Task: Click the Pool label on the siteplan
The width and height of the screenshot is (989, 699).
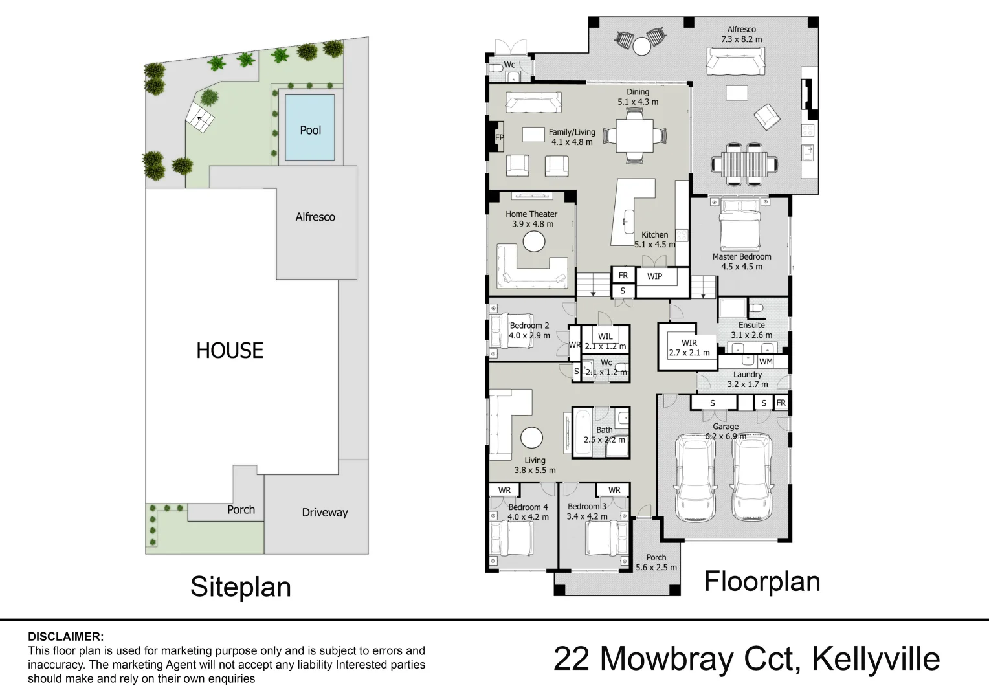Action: (x=310, y=130)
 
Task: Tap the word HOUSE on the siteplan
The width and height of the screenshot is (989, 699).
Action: (x=230, y=351)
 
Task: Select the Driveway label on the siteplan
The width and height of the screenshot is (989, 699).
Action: (x=324, y=513)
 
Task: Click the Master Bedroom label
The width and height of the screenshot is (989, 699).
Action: (x=742, y=256)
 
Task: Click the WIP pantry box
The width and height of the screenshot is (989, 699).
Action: (x=654, y=276)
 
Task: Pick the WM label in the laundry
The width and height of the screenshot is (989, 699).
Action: (x=766, y=362)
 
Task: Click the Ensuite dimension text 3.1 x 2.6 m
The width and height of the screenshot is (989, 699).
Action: (x=751, y=335)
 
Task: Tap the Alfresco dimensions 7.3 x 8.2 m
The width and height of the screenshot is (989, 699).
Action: (x=742, y=39)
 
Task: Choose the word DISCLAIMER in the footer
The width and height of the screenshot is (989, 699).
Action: (x=65, y=637)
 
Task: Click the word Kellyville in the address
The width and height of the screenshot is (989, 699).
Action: (x=875, y=659)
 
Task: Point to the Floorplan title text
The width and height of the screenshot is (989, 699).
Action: (x=762, y=581)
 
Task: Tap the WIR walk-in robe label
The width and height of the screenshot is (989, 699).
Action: (x=689, y=343)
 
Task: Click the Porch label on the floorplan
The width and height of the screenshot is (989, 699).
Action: (x=656, y=557)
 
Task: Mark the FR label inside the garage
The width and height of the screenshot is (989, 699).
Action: (x=781, y=403)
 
